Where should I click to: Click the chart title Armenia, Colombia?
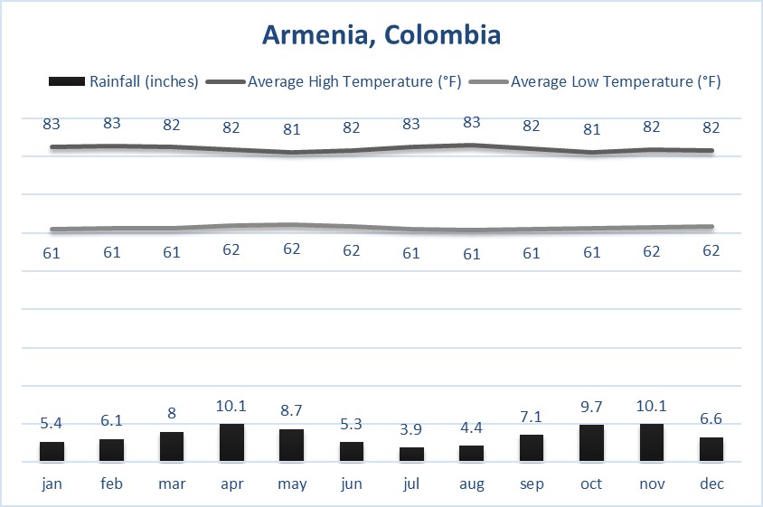click(381, 35)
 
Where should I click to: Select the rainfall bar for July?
click(411, 455)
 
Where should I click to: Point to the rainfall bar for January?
click(52, 452)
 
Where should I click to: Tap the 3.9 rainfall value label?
click(411, 430)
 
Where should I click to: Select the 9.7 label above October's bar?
click(591, 408)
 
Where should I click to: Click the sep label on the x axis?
click(532, 484)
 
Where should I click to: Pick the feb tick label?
click(111, 484)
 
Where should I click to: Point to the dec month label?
click(711, 484)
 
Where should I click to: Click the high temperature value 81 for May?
click(291, 129)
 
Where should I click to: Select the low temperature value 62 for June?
click(352, 250)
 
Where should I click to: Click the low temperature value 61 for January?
click(52, 253)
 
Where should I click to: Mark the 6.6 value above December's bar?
click(711, 420)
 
